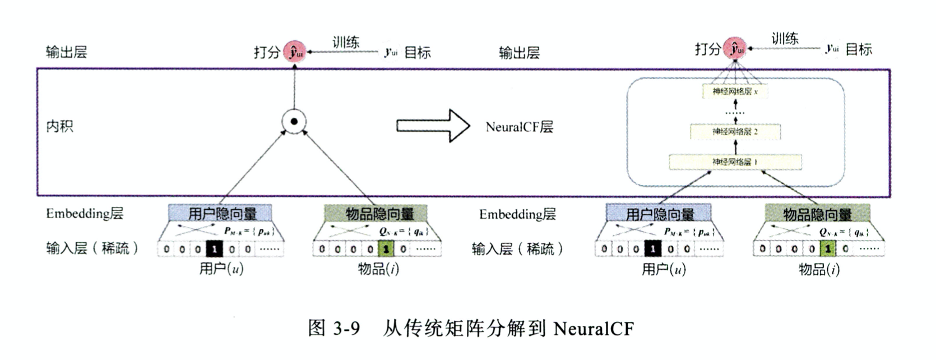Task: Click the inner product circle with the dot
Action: (294, 121)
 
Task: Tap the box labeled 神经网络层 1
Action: (735, 162)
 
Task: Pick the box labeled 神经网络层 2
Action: (735, 132)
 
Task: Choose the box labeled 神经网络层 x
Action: (735, 91)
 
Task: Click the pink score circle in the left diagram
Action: (294, 52)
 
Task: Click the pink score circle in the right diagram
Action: (735, 49)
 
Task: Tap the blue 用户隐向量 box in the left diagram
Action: (221, 213)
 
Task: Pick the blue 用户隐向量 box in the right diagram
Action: (659, 214)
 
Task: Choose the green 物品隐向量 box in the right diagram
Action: (817, 214)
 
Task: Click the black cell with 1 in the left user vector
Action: (214, 249)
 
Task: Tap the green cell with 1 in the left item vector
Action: (385, 249)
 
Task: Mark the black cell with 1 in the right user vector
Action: (652, 248)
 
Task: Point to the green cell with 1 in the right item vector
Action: (827, 248)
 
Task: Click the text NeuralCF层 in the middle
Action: (519, 127)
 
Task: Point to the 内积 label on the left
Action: (59, 126)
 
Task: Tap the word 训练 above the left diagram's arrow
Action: (345, 42)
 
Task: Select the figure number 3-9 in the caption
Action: (346, 328)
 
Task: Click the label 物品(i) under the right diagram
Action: (819, 270)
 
